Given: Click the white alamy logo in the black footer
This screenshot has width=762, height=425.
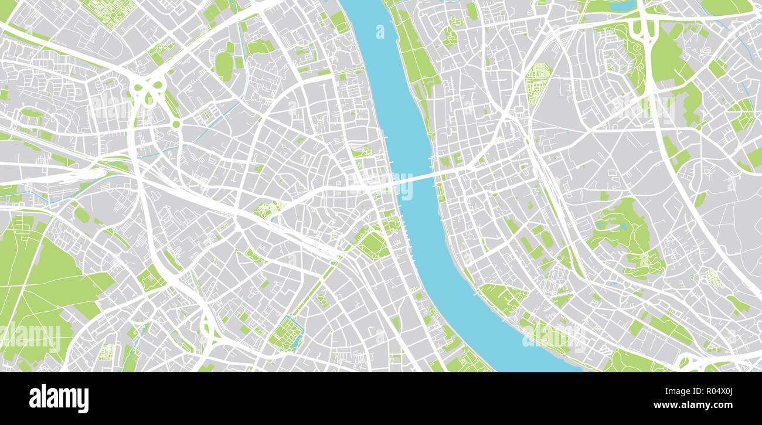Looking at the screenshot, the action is point(59,399).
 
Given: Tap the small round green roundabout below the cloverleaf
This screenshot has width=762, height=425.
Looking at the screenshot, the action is point(175,124).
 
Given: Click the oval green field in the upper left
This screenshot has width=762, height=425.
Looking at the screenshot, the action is point(223,65).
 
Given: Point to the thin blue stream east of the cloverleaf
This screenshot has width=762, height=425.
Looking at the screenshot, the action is point(220,117).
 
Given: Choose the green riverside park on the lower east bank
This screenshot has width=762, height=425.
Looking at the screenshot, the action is point(501,296).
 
